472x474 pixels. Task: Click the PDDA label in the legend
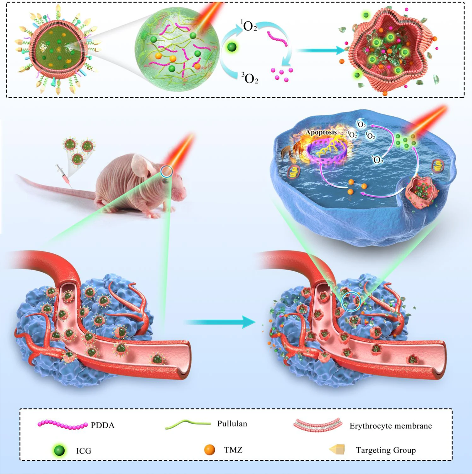point(102,425)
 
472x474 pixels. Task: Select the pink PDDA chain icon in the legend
point(62,425)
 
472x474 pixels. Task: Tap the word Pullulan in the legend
point(232,424)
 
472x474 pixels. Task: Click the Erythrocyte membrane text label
point(390,426)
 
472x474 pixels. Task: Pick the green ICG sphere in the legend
point(59,450)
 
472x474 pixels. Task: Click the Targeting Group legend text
point(386,450)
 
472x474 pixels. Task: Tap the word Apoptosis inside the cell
point(321,132)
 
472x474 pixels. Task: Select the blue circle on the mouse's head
point(166,172)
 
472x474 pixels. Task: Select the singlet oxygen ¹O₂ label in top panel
point(249,26)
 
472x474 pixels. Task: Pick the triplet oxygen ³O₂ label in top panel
point(250,78)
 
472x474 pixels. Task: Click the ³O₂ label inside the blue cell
point(377,159)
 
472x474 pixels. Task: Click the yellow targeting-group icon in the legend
point(337,450)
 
